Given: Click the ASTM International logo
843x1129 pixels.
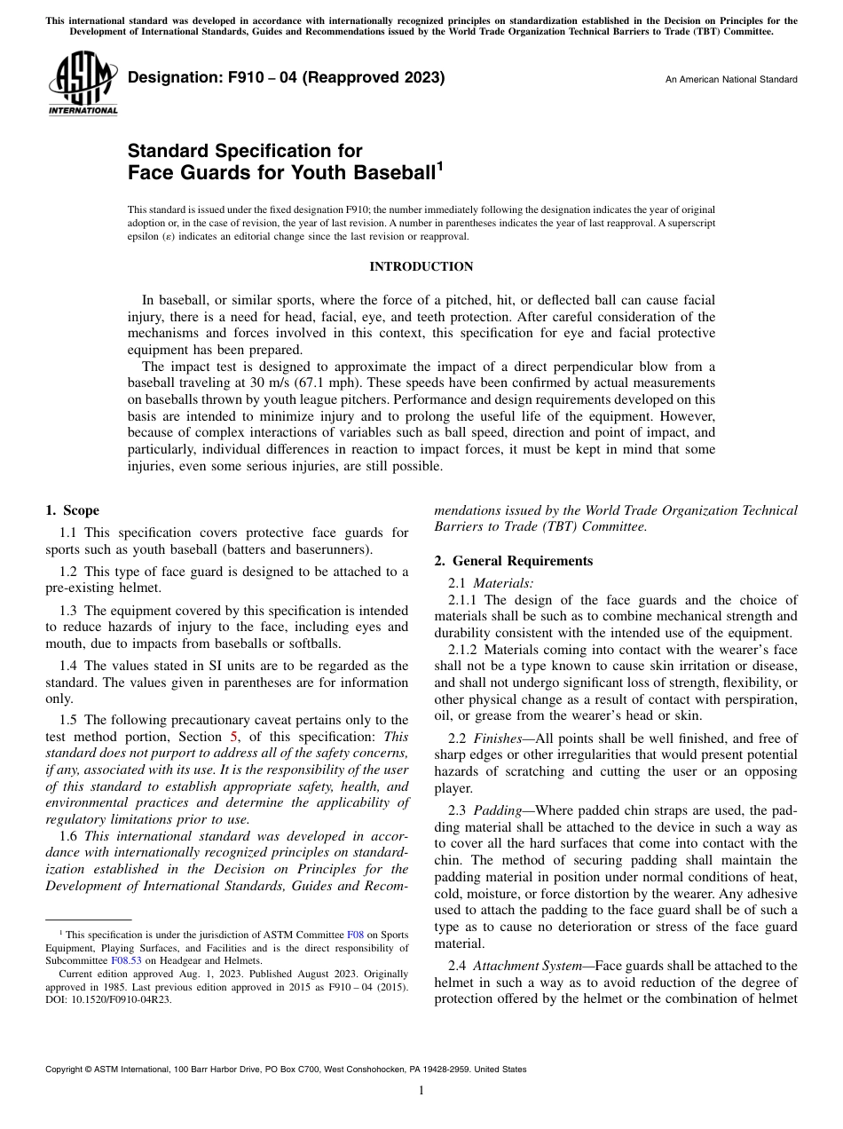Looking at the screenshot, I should [x=82, y=86].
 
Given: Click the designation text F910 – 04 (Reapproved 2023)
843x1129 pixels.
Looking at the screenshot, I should [x=286, y=78].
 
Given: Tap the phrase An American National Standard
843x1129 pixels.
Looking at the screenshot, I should [x=731, y=80].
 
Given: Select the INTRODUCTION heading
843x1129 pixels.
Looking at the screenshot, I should [x=421, y=266].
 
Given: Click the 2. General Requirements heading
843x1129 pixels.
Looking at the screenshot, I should [x=513, y=561].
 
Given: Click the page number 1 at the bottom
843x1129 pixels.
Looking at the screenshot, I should [x=421, y=1091].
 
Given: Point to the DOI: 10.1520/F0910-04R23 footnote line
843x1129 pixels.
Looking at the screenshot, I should [x=109, y=999].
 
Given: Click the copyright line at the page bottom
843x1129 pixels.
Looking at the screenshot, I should [x=286, y=1070].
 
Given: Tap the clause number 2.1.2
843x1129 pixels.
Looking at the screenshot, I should [x=462, y=651].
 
